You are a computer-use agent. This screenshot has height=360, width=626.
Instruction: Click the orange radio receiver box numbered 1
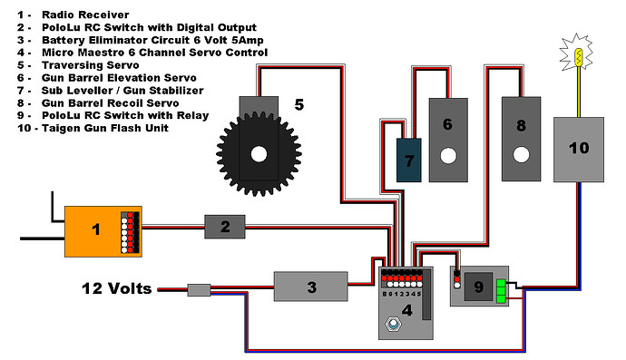point(103,231)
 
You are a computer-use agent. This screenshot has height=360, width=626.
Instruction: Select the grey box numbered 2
point(225,227)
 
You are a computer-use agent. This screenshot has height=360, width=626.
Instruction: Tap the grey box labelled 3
point(310,287)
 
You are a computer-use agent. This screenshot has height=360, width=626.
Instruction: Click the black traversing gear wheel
point(259,154)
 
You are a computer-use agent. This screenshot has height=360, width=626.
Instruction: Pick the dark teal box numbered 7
point(409,160)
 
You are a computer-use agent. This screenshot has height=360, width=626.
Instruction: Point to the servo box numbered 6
point(448,140)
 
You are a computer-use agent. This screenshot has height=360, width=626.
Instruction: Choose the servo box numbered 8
point(521,139)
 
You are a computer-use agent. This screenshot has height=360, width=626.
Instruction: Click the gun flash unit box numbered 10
point(579,150)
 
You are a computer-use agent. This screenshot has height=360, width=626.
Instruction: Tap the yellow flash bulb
point(579,57)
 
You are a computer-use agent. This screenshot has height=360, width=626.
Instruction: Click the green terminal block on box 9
point(501,291)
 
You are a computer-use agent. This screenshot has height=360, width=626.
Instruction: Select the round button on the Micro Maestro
point(393,324)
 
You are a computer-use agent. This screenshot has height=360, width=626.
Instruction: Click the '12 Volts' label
point(116,288)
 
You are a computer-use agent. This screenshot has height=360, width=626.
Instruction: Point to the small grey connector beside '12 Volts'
point(199,290)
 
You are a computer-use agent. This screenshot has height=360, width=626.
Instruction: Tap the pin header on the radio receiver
point(130,232)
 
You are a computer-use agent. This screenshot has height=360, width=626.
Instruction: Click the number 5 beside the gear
point(299,104)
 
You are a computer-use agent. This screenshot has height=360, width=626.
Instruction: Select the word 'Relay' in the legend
point(193,116)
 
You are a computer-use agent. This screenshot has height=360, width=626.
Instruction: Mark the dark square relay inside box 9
point(478,287)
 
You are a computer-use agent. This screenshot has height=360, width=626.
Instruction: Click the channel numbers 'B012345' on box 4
point(402,294)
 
